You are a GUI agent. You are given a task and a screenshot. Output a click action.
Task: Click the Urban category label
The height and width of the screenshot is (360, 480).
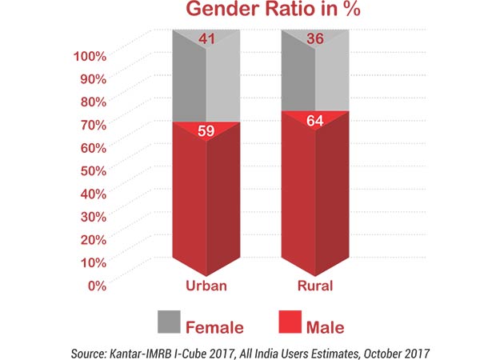click(206, 286)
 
